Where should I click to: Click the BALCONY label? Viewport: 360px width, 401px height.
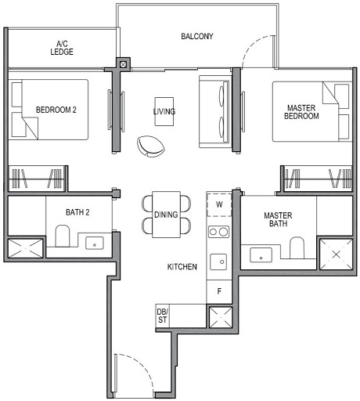197,37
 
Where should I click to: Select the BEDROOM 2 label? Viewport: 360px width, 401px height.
56,110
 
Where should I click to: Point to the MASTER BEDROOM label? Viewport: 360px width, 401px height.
301,111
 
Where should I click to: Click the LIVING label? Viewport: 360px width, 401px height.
164,112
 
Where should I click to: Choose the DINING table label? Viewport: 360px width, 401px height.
166,214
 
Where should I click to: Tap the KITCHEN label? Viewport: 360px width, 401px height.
182,267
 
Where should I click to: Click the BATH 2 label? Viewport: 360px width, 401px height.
79,211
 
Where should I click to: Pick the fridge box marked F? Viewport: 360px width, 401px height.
220,291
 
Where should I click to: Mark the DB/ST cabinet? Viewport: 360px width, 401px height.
163,316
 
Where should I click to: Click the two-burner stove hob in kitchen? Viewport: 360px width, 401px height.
219,232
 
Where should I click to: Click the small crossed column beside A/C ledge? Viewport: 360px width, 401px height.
123,64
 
